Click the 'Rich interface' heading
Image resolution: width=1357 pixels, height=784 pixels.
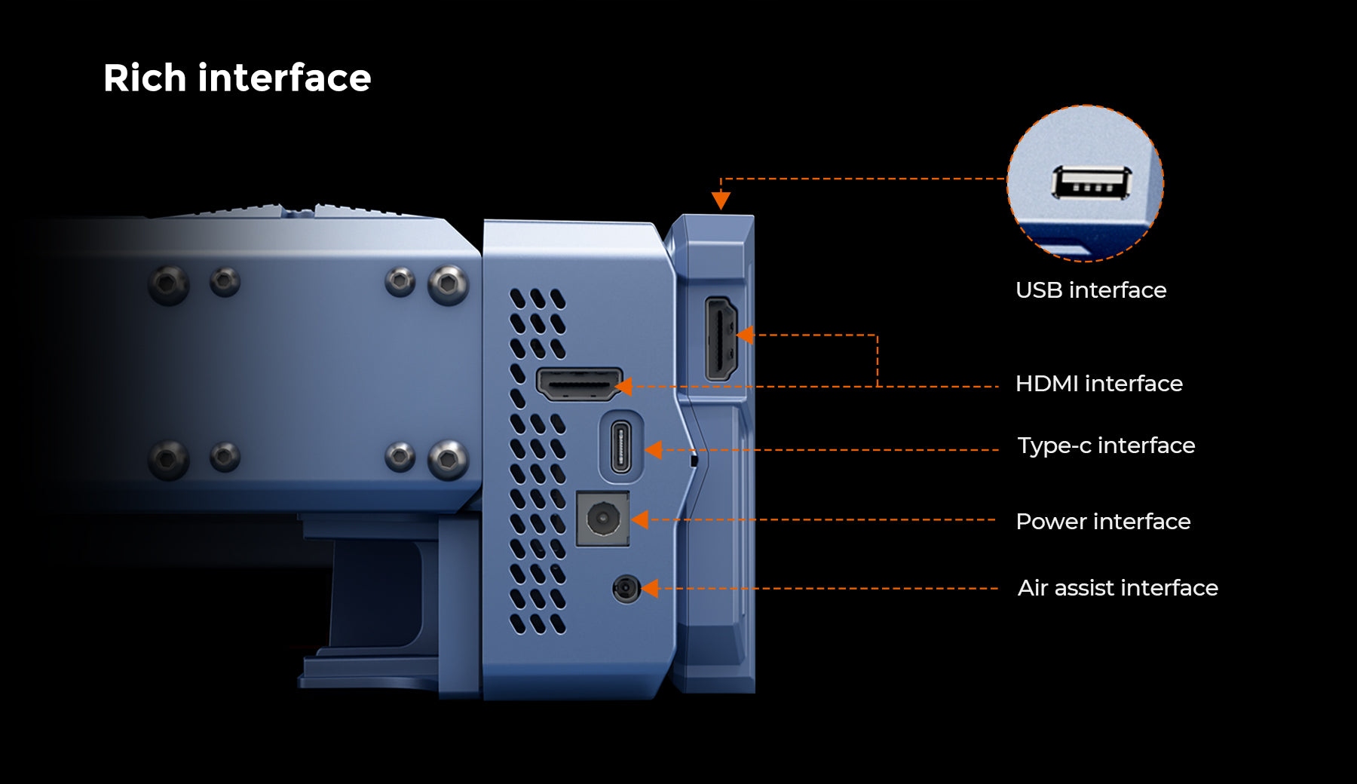[x=237, y=78]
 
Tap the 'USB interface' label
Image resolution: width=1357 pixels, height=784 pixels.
[x=1090, y=290]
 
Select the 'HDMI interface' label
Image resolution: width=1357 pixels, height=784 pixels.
[x=1098, y=384]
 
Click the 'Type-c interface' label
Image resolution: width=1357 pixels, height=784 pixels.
[x=1106, y=446]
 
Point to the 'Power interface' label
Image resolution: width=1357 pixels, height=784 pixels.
[x=1103, y=522]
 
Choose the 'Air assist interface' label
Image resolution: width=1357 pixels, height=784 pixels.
[x=1117, y=588]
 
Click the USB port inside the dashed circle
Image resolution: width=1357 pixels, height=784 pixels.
[x=1092, y=183]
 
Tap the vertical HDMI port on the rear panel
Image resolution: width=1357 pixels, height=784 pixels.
[x=721, y=338]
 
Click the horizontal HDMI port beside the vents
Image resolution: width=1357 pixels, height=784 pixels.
[x=578, y=384]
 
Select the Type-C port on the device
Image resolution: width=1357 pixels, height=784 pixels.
[x=620, y=447]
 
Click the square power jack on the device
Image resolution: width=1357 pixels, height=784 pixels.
[x=602, y=519]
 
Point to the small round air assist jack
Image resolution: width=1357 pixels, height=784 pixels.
[x=626, y=589]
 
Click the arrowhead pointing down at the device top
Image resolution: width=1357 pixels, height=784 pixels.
[x=721, y=200]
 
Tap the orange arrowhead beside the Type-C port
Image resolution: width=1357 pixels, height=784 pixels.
[x=654, y=450]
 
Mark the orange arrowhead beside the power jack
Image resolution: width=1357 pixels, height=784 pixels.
[x=639, y=519]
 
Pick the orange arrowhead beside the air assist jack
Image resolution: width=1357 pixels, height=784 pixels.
[x=649, y=589]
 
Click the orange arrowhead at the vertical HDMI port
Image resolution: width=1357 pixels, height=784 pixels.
[x=744, y=335]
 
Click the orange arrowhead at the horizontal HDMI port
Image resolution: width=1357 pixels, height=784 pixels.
[x=623, y=387]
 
